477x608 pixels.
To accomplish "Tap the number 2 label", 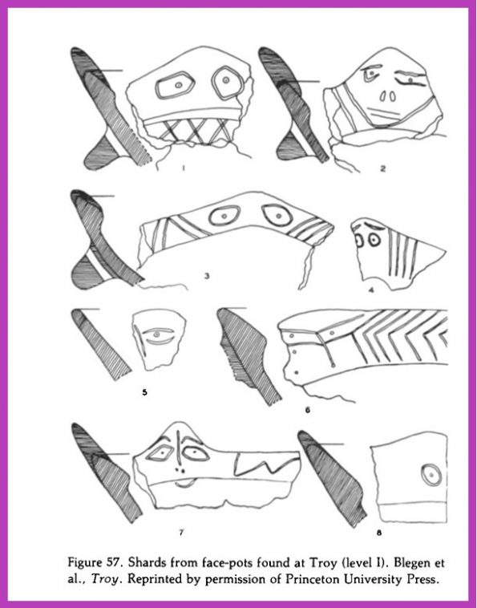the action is (383, 168).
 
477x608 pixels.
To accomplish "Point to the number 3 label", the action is (207, 276).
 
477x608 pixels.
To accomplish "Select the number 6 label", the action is (307, 410).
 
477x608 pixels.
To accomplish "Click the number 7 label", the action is (181, 533).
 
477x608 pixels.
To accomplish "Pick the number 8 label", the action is (379, 533).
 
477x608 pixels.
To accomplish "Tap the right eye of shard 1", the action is (227, 83).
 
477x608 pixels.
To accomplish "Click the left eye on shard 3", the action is (224, 216).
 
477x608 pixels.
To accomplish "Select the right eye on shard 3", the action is (277, 215).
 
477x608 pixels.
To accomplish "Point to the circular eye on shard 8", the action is (431, 475).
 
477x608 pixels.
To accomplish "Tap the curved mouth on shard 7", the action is (185, 486).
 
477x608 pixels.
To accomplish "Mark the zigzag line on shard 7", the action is (266, 465).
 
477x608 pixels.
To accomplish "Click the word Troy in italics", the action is (105, 580).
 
